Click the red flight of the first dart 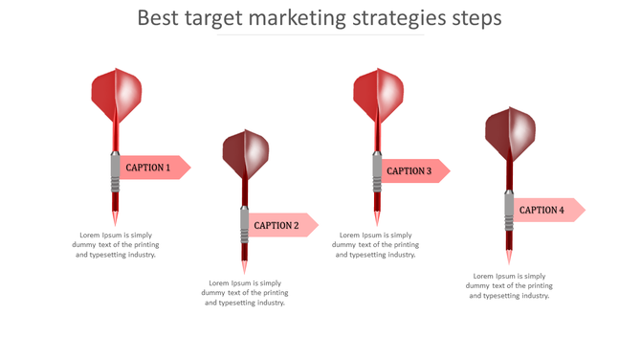click(117, 94)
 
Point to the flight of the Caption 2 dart click(246, 153)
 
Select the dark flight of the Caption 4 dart click(509, 133)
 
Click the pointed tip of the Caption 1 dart click(116, 219)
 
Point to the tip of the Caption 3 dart click(377, 219)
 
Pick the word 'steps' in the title click(477, 18)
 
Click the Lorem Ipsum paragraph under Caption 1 click(116, 244)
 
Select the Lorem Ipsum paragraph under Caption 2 click(246, 292)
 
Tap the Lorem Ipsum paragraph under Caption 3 click(376, 244)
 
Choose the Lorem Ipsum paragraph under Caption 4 click(509, 285)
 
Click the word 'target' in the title click(217, 18)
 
